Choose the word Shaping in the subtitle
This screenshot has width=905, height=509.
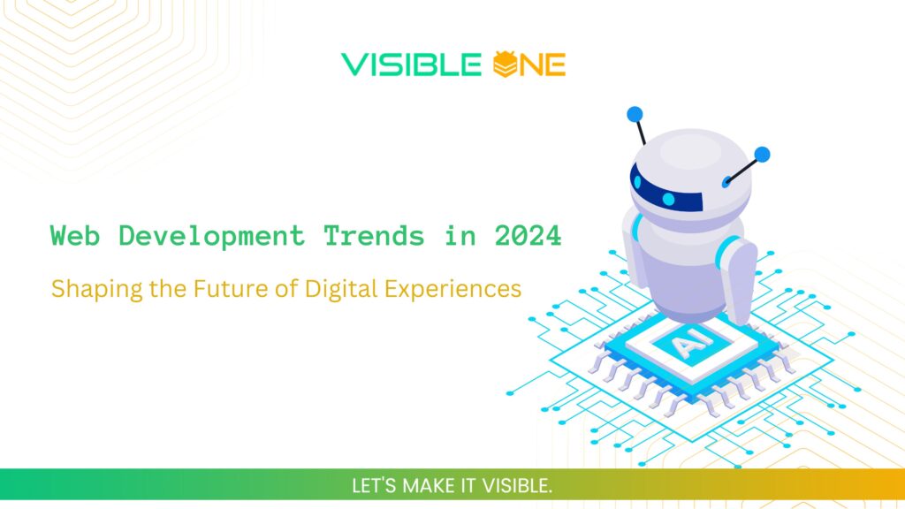point(85,290)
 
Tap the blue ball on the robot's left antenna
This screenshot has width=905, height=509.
point(634,114)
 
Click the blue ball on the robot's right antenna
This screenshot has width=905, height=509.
point(762,155)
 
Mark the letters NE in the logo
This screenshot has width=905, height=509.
point(541,65)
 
